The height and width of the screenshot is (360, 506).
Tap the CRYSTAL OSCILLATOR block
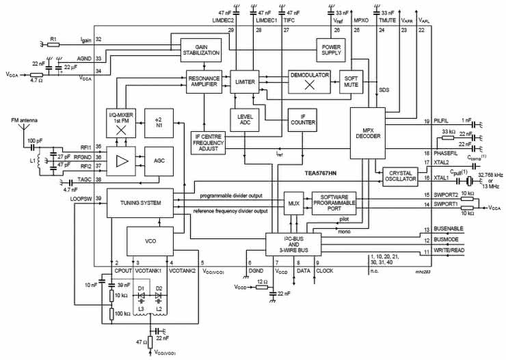[x=399, y=178]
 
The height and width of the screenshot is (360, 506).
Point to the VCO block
[x=150, y=240]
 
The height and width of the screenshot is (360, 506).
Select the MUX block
[x=293, y=203]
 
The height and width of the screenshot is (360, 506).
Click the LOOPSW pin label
[x=80, y=198]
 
